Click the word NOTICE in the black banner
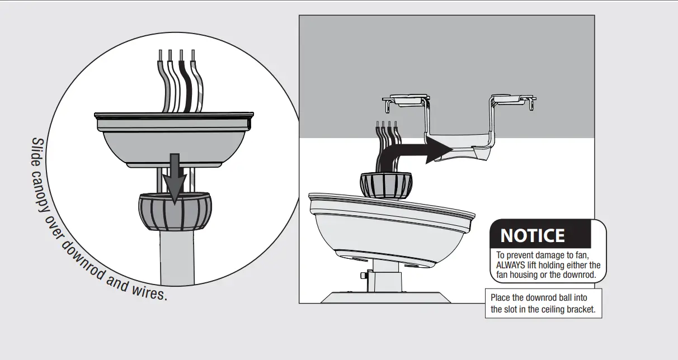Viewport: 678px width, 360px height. click(x=532, y=235)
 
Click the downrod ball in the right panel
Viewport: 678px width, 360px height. click(x=385, y=185)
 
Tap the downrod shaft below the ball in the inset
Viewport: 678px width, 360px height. click(x=175, y=257)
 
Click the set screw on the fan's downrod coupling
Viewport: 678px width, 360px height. click(x=364, y=276)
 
